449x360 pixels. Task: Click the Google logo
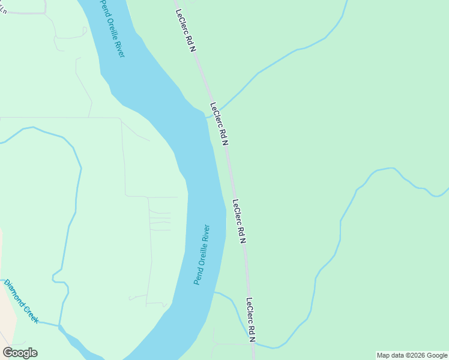(20, 353)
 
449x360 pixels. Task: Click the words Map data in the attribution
(390, 355)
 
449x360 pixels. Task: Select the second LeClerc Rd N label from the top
(220, 124)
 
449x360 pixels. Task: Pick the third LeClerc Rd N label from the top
(240, 221)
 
